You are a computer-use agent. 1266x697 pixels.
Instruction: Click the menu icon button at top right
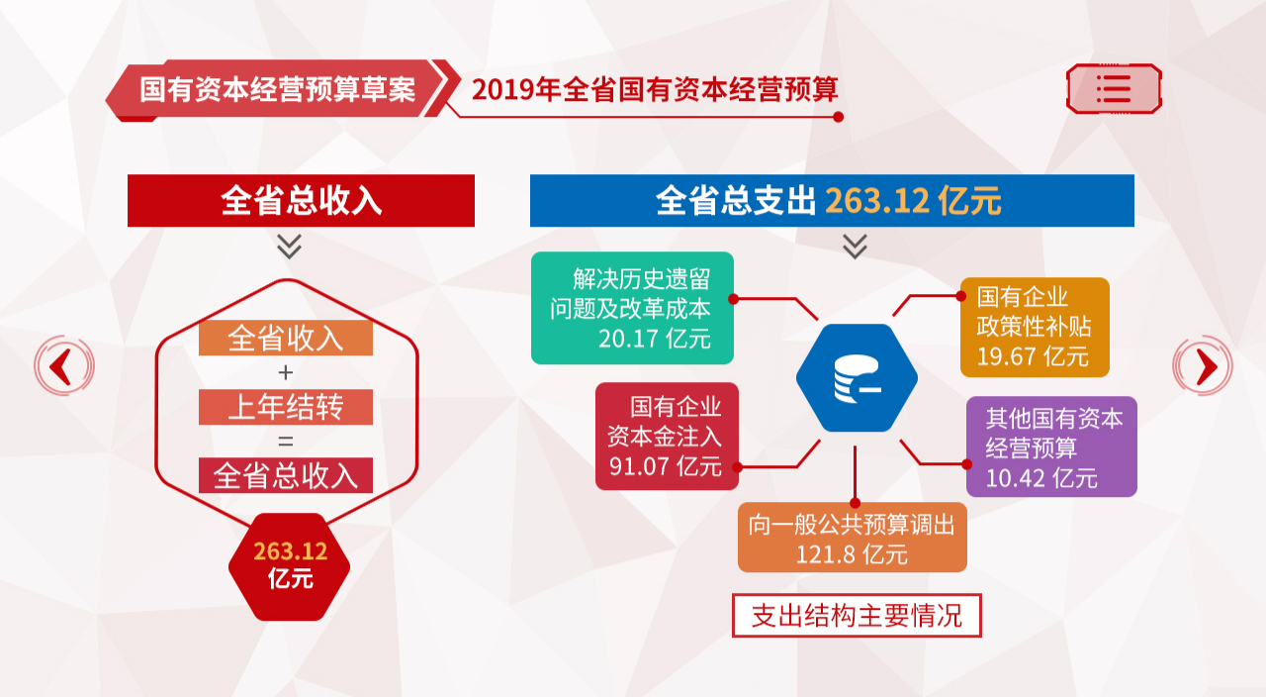1114,89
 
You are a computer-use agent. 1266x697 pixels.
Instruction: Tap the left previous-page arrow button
64,365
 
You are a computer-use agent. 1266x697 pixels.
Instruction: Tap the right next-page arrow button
1203,365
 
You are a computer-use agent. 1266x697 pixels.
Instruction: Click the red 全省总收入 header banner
301,201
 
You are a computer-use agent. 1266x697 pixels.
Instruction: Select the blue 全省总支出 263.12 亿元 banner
832,201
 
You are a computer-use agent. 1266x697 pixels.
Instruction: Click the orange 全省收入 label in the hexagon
286,338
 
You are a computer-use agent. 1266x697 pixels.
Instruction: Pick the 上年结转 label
286,407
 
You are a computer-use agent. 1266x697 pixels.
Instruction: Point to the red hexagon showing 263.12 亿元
290,566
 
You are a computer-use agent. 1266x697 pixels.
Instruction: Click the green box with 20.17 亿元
632,308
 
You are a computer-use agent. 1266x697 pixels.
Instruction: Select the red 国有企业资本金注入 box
667,437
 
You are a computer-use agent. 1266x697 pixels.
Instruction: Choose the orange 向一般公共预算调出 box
853,538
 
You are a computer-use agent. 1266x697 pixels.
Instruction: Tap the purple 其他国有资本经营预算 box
1051,447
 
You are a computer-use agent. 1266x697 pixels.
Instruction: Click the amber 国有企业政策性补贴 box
1035,327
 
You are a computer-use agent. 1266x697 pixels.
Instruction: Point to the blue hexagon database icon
857,378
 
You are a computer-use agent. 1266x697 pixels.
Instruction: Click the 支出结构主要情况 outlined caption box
857,616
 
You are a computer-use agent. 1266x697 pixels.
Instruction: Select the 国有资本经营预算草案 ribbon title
278,89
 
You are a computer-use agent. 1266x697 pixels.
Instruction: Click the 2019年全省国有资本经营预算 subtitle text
655,89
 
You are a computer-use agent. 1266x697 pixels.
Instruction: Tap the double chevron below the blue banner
855,247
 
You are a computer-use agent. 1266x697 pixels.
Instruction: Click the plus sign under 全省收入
286,372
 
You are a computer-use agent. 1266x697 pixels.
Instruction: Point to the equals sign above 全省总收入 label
286,442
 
